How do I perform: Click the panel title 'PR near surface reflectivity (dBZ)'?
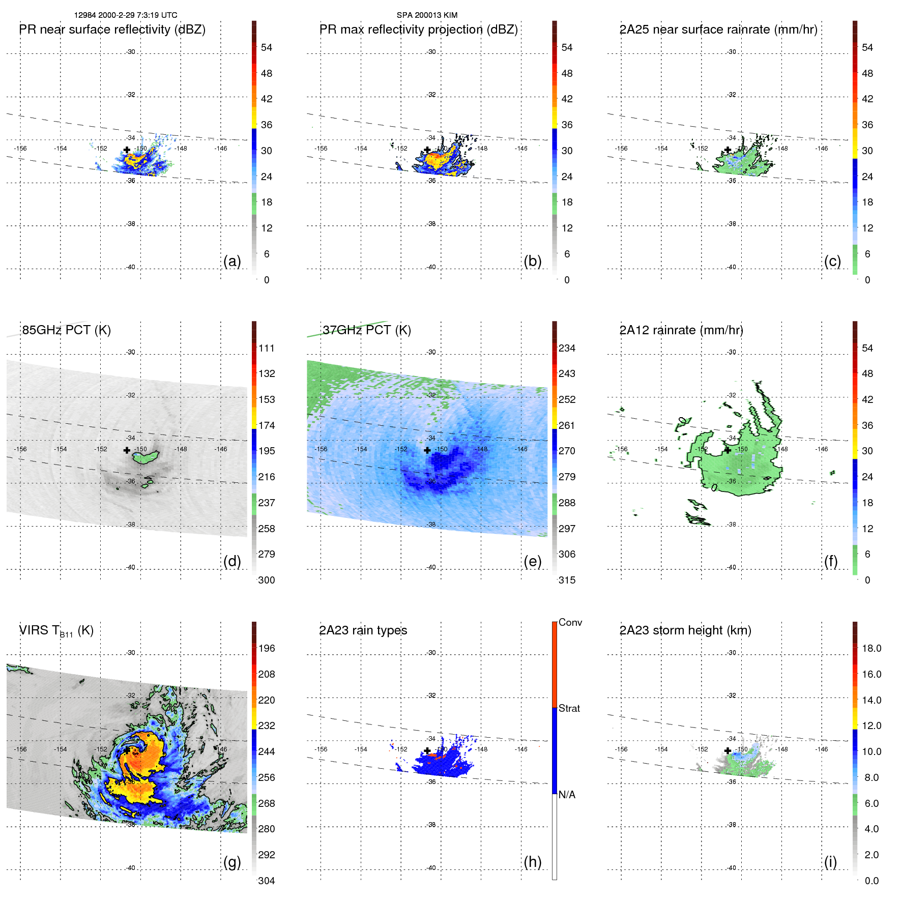click(x=112, y=30)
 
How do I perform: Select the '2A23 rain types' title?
click(x=363, y=630)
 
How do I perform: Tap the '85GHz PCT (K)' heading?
click(x=66, y=330)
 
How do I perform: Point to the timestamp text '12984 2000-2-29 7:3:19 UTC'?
click(x=126, y=15)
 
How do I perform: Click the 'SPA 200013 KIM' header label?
click(x=427, y=15)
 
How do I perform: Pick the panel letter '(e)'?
click(x=532, y=561)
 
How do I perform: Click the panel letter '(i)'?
click(x=830, y=862)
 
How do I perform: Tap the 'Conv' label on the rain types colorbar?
click(x=570, y=622)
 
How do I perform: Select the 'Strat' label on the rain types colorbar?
click(x=569, y=708)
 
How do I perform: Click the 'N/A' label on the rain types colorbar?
click(x=567, y=795)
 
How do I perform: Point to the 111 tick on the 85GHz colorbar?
click(x=267, y=348)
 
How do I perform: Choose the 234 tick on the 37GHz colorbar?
click(x=567, y=348)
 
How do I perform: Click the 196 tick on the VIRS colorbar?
click(x=267, y=648)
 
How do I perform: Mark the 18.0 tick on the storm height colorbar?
click(x=871, y=648)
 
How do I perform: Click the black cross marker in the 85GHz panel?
click(x=127, y=450)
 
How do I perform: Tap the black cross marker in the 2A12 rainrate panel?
click(x=728, y=450)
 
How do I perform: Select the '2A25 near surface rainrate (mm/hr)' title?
click(x=718, y=30)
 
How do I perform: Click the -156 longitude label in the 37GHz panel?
click(x=321, y=449)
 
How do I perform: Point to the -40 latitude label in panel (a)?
click(x=131, y=267)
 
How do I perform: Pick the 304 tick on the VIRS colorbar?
click(x=267, y=881)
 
